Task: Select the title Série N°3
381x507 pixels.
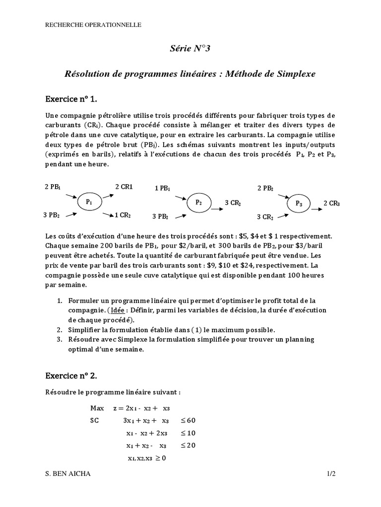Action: click(x=190, y=48)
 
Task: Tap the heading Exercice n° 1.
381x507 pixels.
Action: click(x=75, y=100)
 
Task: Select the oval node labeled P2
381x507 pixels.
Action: click(x=199, y=203)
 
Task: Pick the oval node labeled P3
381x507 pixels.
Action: click(x=299, y=203)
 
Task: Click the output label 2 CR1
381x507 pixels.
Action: click(x=124, y=187)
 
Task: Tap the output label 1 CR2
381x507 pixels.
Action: click(x=123, y=215)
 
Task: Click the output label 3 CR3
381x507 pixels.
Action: click(x=233, y=203)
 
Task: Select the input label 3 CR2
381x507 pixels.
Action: click(x=265, y=217)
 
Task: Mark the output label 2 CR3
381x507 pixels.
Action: click(x=332, y=203)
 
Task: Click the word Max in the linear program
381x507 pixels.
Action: click(x=97, y=408)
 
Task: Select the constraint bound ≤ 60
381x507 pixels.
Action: click(x=188, y=420)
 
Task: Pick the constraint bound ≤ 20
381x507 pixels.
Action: click(x=188, y=445)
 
